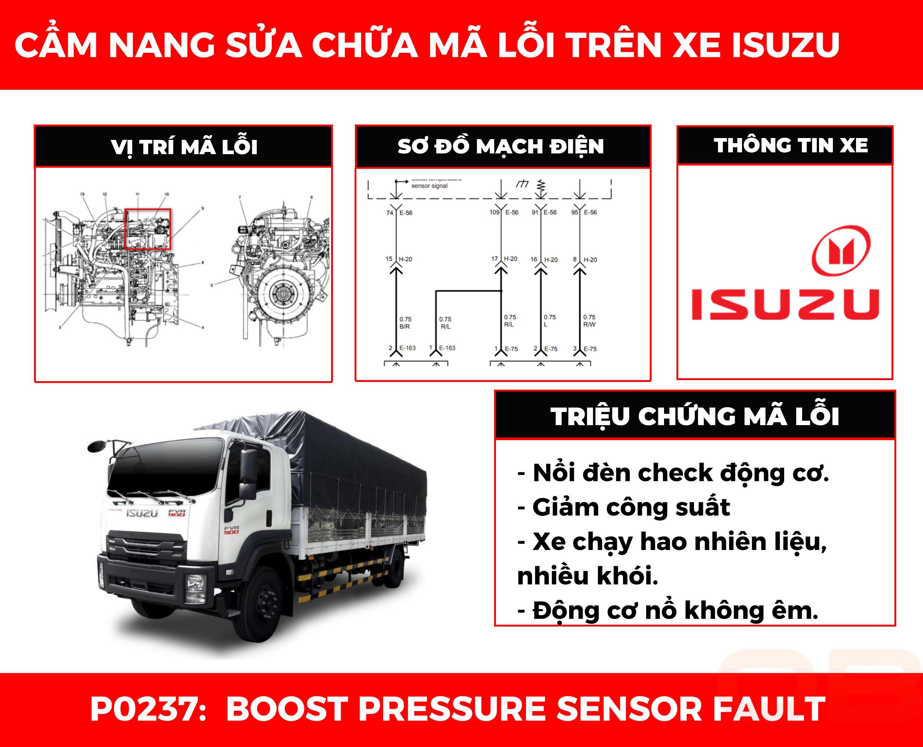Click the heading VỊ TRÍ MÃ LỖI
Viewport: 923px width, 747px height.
click(x=184, y=147)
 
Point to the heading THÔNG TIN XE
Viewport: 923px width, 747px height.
click(x=790, y=145)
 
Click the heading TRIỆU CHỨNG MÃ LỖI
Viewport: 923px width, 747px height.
click(x=694, y=416)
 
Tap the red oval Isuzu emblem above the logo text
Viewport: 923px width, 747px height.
click(x=841, y=250)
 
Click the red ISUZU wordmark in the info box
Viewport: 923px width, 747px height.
click(x=785, y=304)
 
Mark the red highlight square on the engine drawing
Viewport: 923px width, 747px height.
click(x=148, y=229)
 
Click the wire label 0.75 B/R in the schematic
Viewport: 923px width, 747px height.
click(x=405, y=323)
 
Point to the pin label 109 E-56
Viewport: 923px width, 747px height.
click(x=504, y=212)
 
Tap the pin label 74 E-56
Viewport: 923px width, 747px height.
click(x=399, y=213)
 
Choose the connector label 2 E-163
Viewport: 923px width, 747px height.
click(x=402, y=348)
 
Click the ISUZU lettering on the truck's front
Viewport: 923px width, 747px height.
click(x=142, y=513)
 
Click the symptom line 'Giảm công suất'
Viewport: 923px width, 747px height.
click(x=631, y=507)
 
